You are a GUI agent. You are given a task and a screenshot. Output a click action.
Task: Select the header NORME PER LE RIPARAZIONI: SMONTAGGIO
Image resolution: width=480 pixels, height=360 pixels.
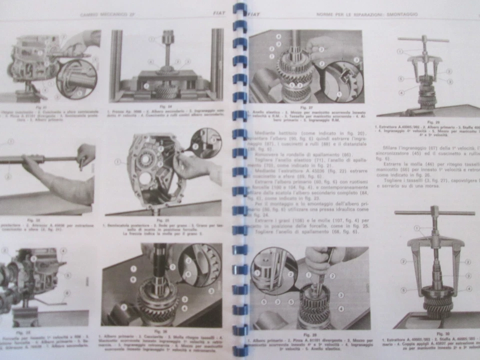pyautogui.click(x=366, y=14)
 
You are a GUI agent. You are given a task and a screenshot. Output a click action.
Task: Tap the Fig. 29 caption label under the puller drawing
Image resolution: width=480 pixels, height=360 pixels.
pyautogui.click(x=429, y=121)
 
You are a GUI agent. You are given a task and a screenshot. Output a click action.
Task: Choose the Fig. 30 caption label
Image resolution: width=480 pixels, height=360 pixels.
pyautogui.click(x=439, y=333)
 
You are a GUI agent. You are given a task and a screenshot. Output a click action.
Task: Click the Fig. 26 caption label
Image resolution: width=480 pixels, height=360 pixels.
pyautogui.click(x=160, y=331)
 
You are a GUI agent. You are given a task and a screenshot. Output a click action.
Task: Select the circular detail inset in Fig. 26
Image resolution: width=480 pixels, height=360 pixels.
pyautogui.click(x=199, y=265)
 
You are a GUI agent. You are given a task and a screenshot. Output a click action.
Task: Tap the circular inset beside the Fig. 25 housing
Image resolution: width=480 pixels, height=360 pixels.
pyautogui.click(x=205, y=142)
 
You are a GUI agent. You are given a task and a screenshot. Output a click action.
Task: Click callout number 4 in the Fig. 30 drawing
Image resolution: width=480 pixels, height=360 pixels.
pyautogui.click(x=469, y=288)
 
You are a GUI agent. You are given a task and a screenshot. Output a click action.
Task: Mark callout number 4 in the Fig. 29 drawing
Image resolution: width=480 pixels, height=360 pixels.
pyautogui.click(x=401, y=93)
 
